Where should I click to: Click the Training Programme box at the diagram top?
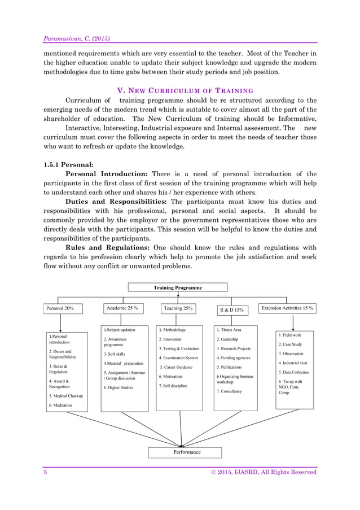[x=178, y=287]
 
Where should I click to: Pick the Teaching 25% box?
[x=179, y=308]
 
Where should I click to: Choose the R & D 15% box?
[x=231, y=310]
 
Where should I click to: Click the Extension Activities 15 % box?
[x=288, y=308]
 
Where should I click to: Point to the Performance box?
[x=187, y=452]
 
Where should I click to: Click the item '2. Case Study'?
[x=290, y=344]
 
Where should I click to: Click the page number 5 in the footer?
[x=46, y=472]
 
